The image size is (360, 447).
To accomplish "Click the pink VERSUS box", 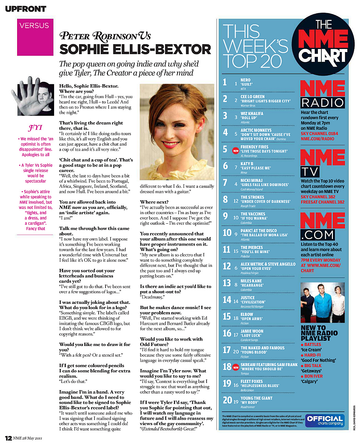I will (x=35, y=37).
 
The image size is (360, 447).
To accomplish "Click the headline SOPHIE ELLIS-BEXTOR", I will (x=135, y=50).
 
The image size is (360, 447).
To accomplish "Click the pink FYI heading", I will (x=35, y=128).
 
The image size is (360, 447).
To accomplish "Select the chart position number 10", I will (x=227, y=233).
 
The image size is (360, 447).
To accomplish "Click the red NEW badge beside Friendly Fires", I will (x=236, y=151).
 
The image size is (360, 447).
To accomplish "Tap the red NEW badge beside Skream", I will (x=236, y=367).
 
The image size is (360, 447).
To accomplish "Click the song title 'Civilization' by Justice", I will (x=253, y=302).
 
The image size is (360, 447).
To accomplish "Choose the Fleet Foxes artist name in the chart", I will (x=252, y=381).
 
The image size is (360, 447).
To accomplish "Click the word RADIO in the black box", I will (x=322, y=102).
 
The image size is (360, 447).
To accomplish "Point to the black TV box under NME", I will (x=310, y=171).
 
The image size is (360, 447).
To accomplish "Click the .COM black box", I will (x=317, y=235).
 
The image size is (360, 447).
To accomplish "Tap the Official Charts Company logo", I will (x=324, y=420).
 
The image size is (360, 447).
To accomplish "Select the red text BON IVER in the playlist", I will (x=313, y=376).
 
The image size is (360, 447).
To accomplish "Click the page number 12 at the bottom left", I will (x=8, y=438).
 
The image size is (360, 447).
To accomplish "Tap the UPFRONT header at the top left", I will (x=25, y=9).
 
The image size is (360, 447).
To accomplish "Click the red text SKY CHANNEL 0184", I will (x=319, y=134).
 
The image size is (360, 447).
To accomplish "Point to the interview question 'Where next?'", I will (x=154, y=202).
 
